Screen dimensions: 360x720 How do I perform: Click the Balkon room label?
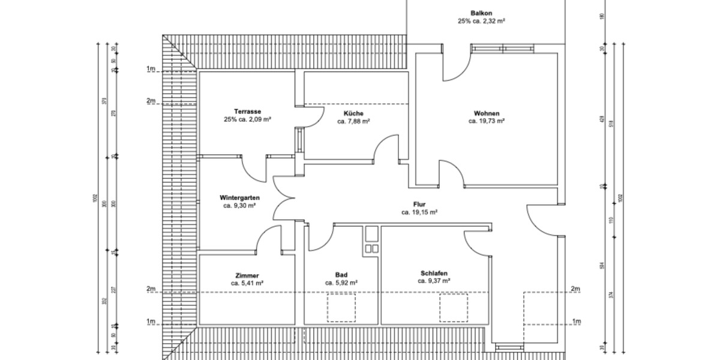click(x=481, y=12)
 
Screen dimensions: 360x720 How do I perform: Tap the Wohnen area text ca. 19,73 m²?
click(x=486, y=121)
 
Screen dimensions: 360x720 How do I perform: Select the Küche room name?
click(x=353, y=113)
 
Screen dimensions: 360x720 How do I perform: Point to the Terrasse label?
click(x=247, y=112)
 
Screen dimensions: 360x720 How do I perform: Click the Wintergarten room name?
click(x=239, y=197)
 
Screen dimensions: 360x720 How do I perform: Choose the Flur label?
click(x=419, y=204)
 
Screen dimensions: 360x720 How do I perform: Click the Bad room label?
click(x=341, y=274)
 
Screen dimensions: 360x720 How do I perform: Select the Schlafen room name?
click(x=434, y=272)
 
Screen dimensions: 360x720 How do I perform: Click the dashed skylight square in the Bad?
click(x=341, y=307)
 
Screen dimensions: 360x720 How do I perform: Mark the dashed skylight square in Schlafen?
click(x=454, y=307)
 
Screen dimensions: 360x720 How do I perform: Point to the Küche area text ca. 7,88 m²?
click(x=353, y=121)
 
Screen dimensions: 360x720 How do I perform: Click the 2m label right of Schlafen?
click(x=576, y=289)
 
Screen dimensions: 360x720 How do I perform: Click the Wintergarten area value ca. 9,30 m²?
click(x=239, y=206)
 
